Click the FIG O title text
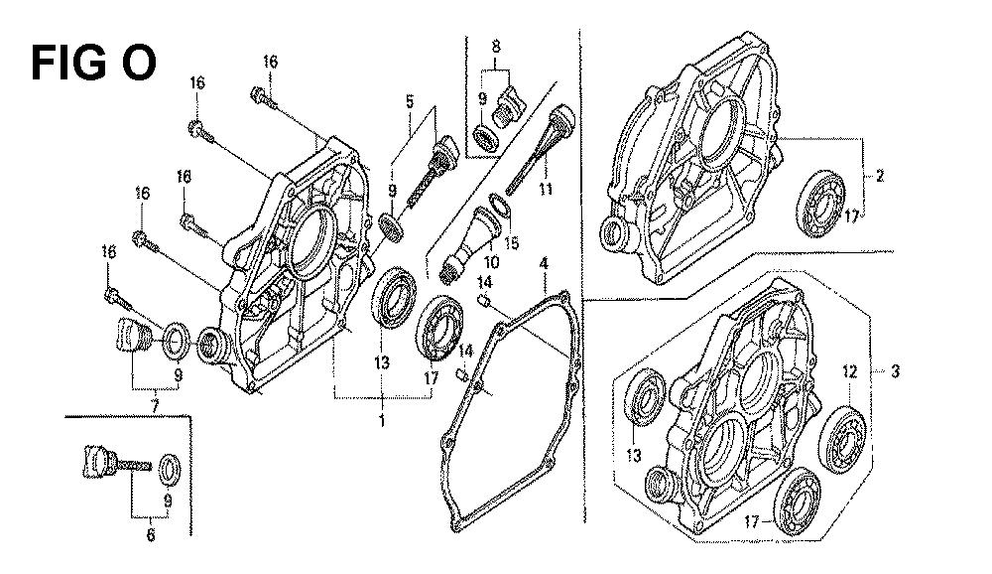(93, 63)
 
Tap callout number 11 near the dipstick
(546, 189)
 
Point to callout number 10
(491, 261)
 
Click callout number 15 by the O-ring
(511, 243)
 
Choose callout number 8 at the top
(496, 46)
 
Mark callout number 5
(410, 100)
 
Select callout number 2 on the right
(879, 176)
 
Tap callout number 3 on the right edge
(895, 370)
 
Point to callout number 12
(849, 371)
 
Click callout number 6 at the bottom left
(151, 535)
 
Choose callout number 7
(155, 404)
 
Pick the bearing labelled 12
(842, 440)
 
